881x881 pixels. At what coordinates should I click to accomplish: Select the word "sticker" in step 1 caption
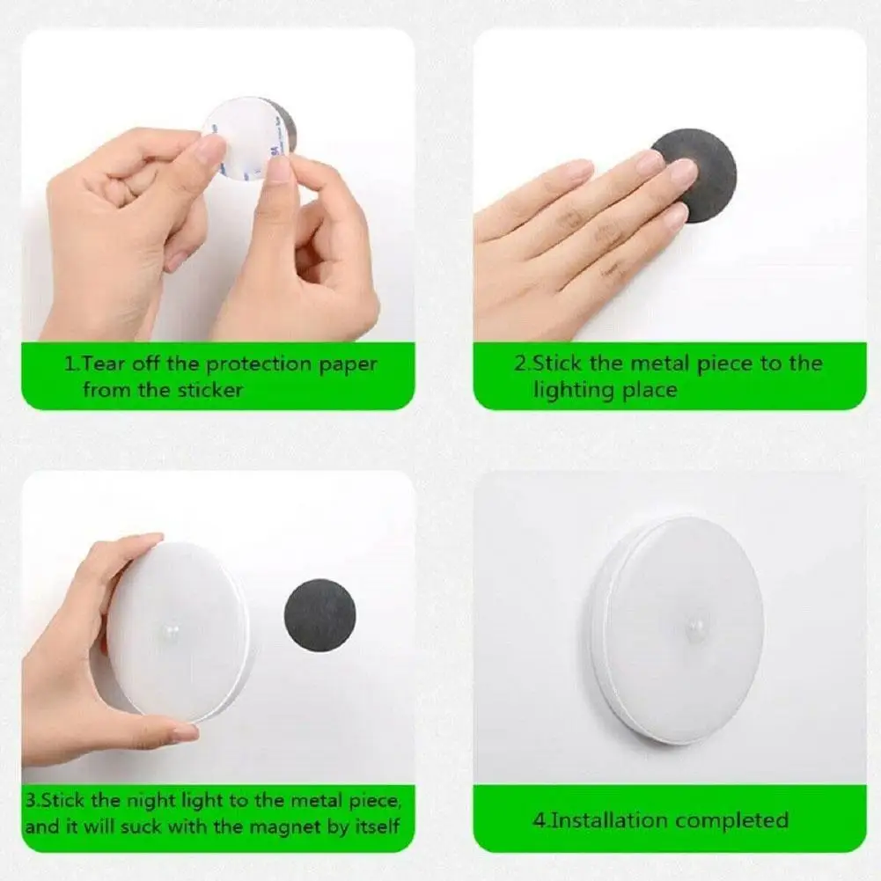tap(210, 390)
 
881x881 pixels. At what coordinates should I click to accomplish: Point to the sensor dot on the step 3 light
tap(172, 629)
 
